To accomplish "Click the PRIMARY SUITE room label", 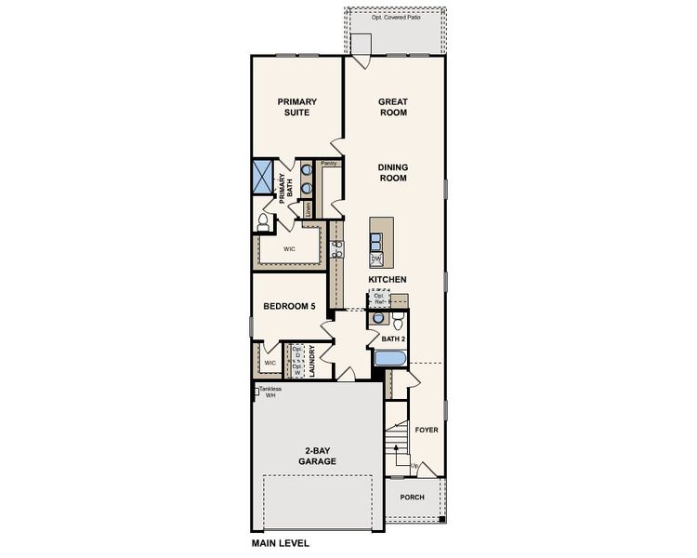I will (x=297, y=107).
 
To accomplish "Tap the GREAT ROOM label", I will (x=393, y=107).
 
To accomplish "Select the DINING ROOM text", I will (x=393, y=173).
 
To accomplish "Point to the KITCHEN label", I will (x=388, y=279).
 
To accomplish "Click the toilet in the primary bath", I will (x=263, y=223).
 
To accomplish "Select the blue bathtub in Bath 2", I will (x=388, y=359).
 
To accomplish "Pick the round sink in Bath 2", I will (x=377, y=318).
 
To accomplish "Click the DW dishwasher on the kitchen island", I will (x=376, y=259).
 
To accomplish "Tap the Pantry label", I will (x=328, y=164).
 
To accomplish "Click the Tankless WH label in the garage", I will (x=270, y=392).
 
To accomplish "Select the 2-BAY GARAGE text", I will (x=317, y=456).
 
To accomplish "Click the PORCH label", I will (x=412, y=497).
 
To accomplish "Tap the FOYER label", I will (x=426, y=430).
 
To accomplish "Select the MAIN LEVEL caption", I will (x=281, y=542).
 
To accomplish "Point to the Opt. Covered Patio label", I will (x=395, y=19).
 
